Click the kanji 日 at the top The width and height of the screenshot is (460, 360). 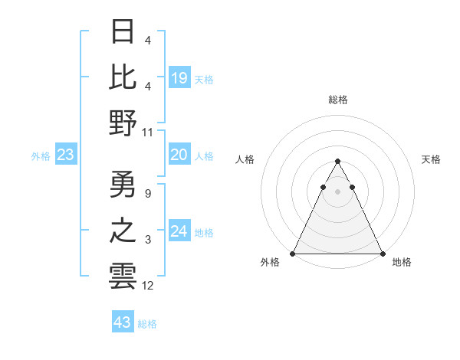[x=123, y=31]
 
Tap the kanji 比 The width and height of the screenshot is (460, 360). [x=123, y=77]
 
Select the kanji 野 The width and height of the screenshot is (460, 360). [x=123, y=122]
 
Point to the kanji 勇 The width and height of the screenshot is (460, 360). [x=123, y=184]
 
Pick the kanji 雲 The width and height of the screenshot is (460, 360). [x=123, y=276]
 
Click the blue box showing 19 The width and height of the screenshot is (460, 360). [x=179, y=77]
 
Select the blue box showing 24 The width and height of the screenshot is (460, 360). [x=179, y=231]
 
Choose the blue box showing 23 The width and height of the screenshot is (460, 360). [x=66, y=155]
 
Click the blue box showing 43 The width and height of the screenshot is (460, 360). [x=122, y=322]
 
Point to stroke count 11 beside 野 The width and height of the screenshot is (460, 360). [x=148, y=133]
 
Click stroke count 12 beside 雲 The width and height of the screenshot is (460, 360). [x=148, y=286]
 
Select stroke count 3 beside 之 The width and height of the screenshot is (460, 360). [x=147, y=241]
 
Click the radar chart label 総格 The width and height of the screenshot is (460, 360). [x=338, y=100]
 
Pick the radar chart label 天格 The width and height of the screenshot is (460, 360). [x=432, y=159]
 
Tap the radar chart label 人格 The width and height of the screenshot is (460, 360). [x=245, y=159]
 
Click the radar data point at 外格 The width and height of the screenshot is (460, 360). [x=293, y=254]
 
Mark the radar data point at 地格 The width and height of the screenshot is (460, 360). [x=383, y=254]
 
